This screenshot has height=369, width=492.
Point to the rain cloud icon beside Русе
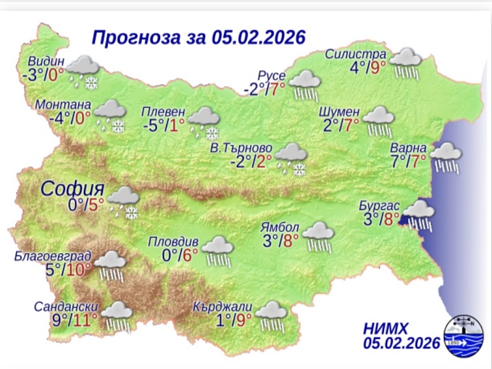pyautogui.click(x=305, y=85)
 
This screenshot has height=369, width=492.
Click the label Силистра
pyautogui.click(x=357, y=54)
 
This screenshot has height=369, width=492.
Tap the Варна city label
pyautogui.click(x=409, y=145)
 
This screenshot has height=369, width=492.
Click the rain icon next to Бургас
pyautogui.click(x=420, y=215)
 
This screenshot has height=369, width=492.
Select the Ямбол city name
pyautogui.click(x=279, y=228)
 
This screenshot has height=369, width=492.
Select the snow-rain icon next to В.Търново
pyautogui.click(x=291, y=160)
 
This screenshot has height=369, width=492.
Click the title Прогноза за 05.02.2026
pyautogui.click(x=198, y=37)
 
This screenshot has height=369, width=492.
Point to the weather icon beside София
pyautogui.click(x=122, y=201)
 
